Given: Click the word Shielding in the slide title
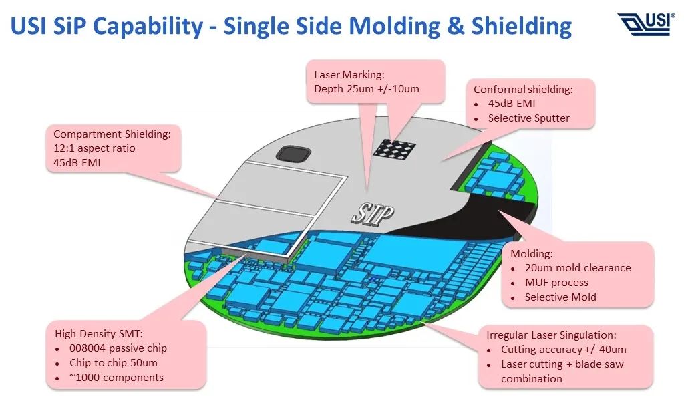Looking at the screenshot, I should [522, 26].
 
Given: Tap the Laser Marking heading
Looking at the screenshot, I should [349, 74].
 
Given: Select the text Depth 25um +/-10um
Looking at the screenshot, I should [367, 89].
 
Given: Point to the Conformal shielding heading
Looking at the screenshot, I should [523, 89].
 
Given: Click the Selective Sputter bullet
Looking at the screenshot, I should [528, 118].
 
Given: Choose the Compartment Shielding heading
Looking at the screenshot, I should [112, 134].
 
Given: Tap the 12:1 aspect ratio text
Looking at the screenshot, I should [94, 148].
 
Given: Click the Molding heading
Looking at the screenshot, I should [532, 253].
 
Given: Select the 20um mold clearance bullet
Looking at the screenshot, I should [577, 268].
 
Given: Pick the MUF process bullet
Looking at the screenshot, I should [556, 283].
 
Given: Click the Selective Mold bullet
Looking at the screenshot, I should [560, 297].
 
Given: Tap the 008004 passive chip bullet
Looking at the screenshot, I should [118, 348].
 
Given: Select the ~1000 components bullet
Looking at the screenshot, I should [116, 378].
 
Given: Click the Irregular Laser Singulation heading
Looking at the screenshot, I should [551, 335].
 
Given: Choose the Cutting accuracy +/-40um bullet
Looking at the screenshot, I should [563, 350].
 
